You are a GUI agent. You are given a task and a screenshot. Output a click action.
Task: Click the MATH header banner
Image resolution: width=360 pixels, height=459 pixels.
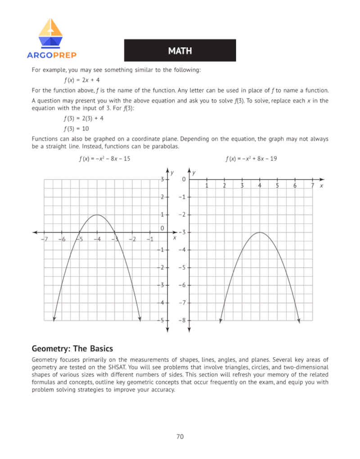tap(180, 50)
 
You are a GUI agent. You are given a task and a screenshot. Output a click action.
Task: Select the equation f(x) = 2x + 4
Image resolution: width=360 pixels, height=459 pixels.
tap(84, 80)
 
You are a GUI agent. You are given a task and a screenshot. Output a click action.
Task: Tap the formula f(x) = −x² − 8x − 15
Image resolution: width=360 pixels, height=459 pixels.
tap(104, 158)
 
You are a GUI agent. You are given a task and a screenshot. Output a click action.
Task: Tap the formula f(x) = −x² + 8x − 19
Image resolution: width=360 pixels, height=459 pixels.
tap(251, 158)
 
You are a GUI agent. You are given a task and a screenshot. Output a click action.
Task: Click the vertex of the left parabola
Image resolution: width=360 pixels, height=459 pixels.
tap(98, 215)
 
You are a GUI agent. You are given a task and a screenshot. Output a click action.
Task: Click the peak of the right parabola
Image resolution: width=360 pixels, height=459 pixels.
tap(260, 232)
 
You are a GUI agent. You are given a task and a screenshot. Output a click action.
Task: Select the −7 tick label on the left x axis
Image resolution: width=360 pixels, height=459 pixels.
tap(44, 239)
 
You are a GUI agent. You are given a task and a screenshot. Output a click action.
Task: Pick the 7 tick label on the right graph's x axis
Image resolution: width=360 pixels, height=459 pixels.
tap(312, 185)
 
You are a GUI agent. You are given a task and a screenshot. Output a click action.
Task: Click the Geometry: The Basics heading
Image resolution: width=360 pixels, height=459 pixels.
tap(72, 349)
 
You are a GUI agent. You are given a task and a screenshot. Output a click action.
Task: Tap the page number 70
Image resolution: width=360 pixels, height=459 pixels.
tap(180, 436)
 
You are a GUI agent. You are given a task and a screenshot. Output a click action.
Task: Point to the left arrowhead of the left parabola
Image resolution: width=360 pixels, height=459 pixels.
tap(54, 319)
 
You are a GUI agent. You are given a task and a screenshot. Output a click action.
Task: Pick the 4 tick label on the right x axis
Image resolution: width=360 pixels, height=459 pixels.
tap(260, 185)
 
